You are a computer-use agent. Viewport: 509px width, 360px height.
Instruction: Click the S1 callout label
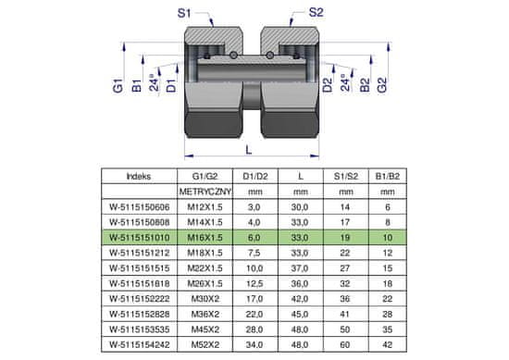pos(184,13)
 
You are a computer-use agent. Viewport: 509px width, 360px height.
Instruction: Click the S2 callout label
pos(316,12)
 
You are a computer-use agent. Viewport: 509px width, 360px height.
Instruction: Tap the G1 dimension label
pos(118,86)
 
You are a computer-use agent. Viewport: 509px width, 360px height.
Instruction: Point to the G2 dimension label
pos(382,85)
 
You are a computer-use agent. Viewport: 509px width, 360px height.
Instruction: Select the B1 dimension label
pos(137,86)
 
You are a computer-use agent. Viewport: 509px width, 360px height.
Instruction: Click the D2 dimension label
pos(328,85)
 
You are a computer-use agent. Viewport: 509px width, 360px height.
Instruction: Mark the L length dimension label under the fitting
pos(249,150)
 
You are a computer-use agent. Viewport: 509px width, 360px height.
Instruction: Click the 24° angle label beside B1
pos(155,83)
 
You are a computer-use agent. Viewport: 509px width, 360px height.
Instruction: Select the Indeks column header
pos(139,176)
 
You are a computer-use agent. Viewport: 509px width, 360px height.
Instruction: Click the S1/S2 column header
pos(346,176)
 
